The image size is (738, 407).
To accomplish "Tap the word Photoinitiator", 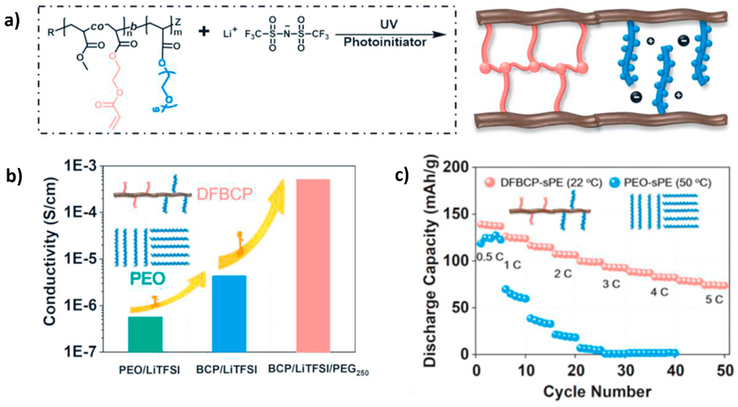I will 385,42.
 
